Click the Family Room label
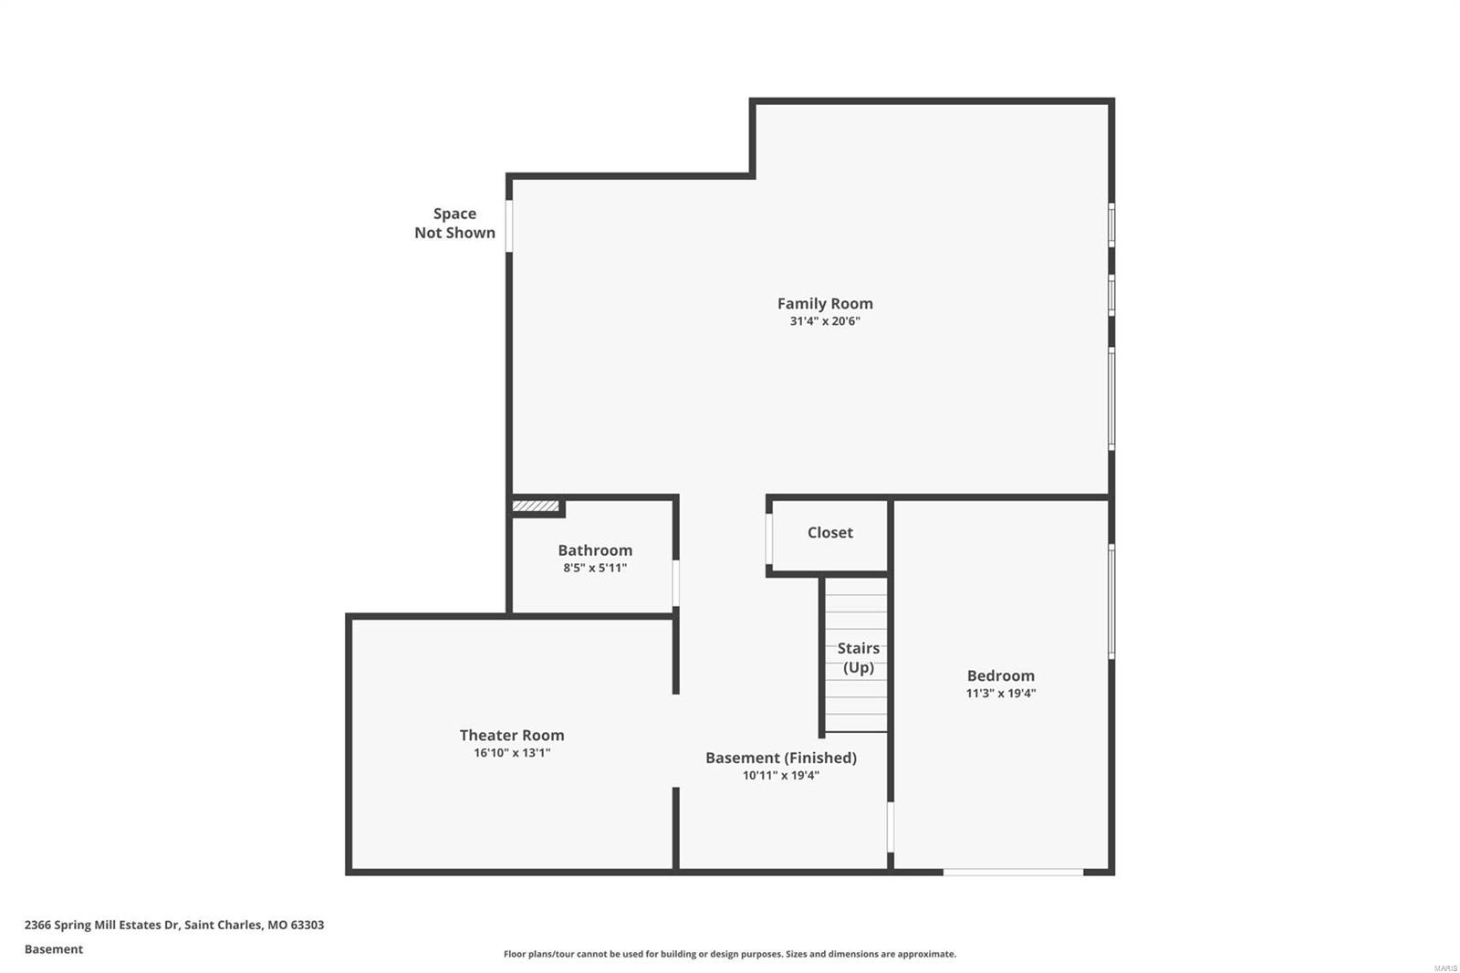pyautogui.click(x=825, y=303)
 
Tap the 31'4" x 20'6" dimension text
pyautogui.click(x=825, y=321)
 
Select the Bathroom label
pyautogui.click(x=595, y=549)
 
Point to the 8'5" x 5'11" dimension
pyautogui.click(x=595, y=568)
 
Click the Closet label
pyautogui.click(x=829, y=532)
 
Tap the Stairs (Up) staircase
pyautogui.click(x=856, y=655)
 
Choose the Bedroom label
pyautogui.click(x=1000, y=675)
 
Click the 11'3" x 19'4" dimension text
pyautogui.click(x=1000, y=693)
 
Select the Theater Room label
pyautogui.click(x=511, y=735)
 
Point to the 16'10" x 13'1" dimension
pyautogui.click(x=511, y=753)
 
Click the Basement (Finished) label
pyautogui.click(x=780, y=758)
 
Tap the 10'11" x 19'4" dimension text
pyautogui.click(x=780, y=776)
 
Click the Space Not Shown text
pyautogui.click(x=454, y=223)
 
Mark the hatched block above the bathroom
pyautogui.click(x=536, y=506)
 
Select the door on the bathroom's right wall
pyautogui.click(x=675, y=582)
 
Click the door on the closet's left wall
pyautogui.click(x=770, y=539)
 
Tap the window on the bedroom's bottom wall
pyautogui.click(x=1013, y=872)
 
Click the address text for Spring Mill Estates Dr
pyautogui.click(x=173, y=925)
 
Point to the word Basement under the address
pyautogui.click(x=53, y=949)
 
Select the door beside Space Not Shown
pyautogui.click(x=509, y=225)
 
